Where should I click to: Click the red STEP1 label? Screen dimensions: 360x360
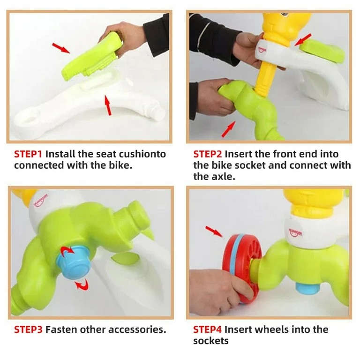(x=28, y=154)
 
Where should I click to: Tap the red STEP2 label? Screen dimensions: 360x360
(x=208, y=154)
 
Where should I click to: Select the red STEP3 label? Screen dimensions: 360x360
(x=28, y=330)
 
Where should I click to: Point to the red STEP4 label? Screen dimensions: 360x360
(x=207, y=330)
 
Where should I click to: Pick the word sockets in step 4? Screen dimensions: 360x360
(x=211, y=341)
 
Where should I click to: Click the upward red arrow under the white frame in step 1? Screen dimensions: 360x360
(x=108, y=105)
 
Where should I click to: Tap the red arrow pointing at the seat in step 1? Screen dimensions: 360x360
(x=61, y=48)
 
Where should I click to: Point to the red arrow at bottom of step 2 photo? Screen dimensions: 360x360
(x=228, y=129)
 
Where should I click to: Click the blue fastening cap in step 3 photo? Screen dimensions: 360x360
(x=74, y=262)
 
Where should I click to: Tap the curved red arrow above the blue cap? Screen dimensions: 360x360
(x=67, y=250)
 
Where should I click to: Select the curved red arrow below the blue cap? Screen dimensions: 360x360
(x=82, y=285)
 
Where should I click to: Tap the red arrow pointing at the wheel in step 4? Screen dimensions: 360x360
(x=213, y=231)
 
